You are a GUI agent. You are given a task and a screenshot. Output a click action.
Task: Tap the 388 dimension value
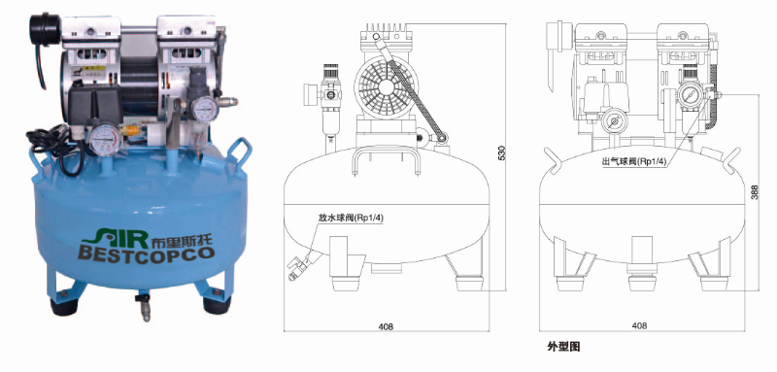point(755,192)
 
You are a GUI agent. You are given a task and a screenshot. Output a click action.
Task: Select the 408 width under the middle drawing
point(386,326)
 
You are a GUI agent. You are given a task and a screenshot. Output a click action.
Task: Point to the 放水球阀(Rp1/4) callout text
point(352,218)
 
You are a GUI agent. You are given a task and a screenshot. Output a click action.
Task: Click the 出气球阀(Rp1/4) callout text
point(635,160)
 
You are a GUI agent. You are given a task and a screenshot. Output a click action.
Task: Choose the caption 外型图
point(563,346)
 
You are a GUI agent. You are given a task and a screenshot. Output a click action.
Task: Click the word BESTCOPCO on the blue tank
point(147,254)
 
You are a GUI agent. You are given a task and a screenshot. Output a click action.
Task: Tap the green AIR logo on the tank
point(116,237)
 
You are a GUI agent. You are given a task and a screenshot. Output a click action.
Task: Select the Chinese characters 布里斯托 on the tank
point(182,238)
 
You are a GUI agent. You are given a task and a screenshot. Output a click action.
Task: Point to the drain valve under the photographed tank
point(144,305)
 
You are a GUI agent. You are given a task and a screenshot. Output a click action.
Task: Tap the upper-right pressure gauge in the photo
point(205,108)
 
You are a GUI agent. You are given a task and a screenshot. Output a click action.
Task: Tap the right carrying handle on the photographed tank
point(239,152)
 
